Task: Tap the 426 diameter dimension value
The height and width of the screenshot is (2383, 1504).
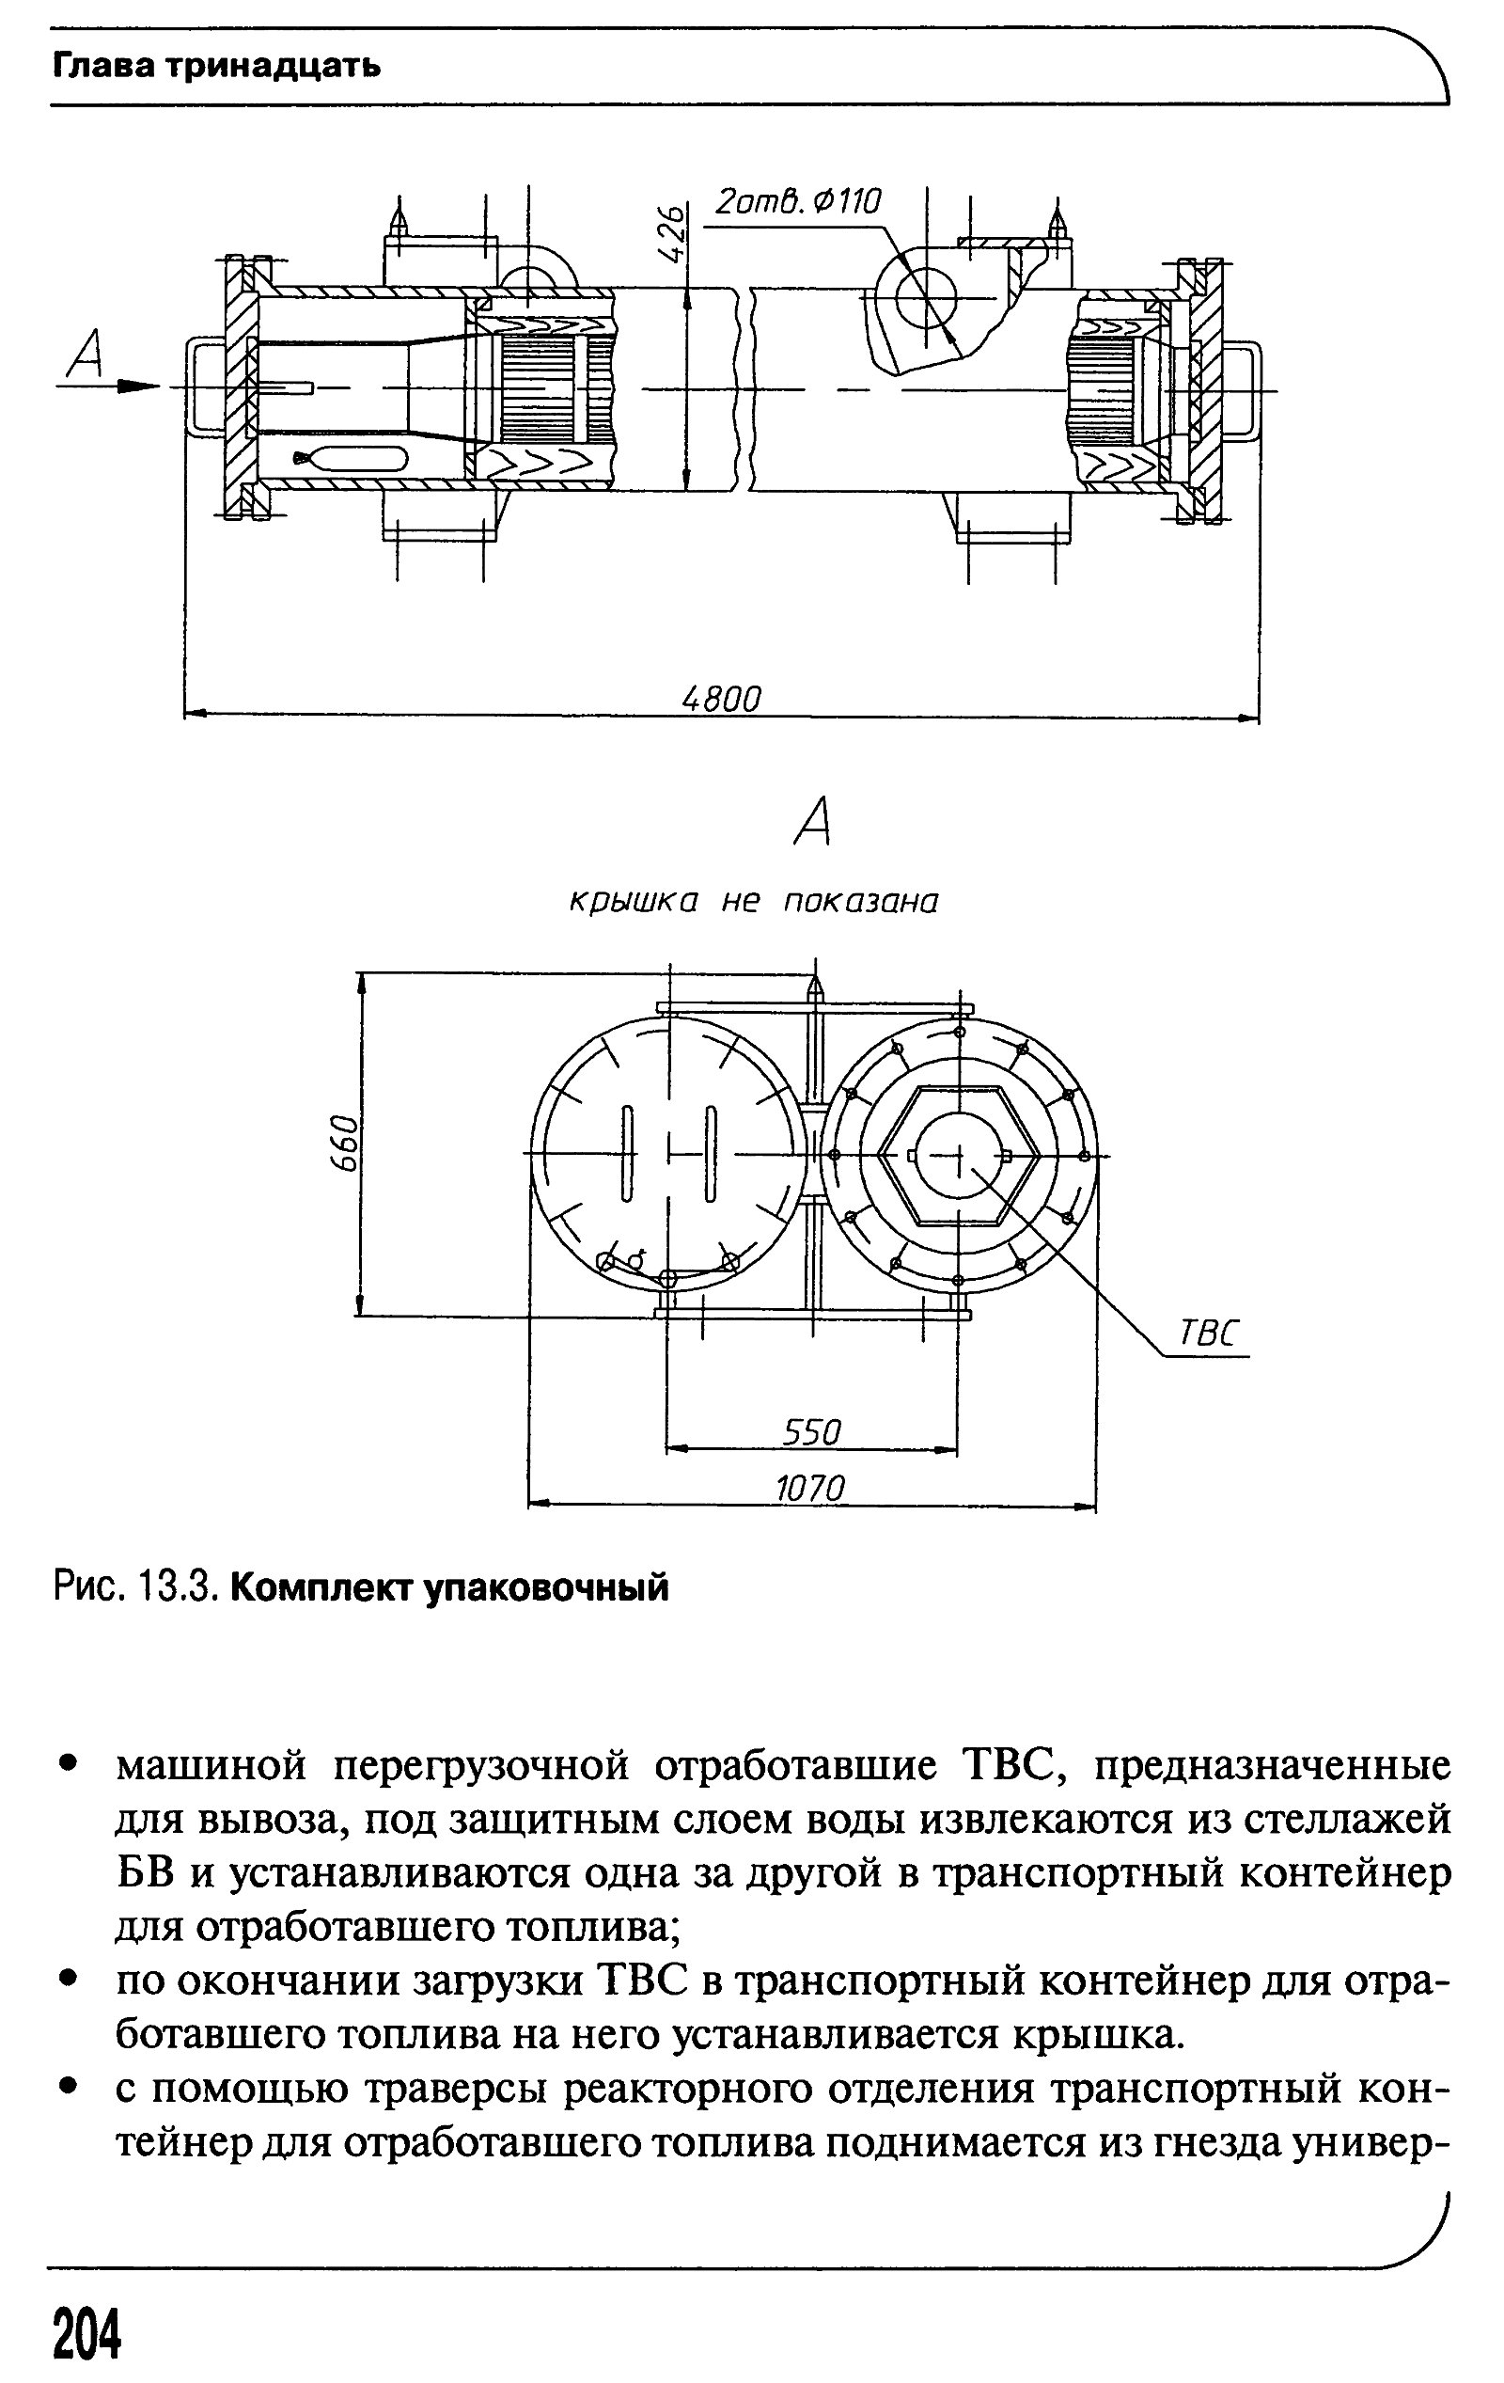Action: [671, 233]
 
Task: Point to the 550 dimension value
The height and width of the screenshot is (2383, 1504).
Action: [811, 1432]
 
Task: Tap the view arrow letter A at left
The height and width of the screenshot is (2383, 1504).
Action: [86, 358]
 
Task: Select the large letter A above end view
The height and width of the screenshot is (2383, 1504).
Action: [813, 824]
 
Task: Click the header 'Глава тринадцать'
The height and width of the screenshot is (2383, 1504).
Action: [215, 67]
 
